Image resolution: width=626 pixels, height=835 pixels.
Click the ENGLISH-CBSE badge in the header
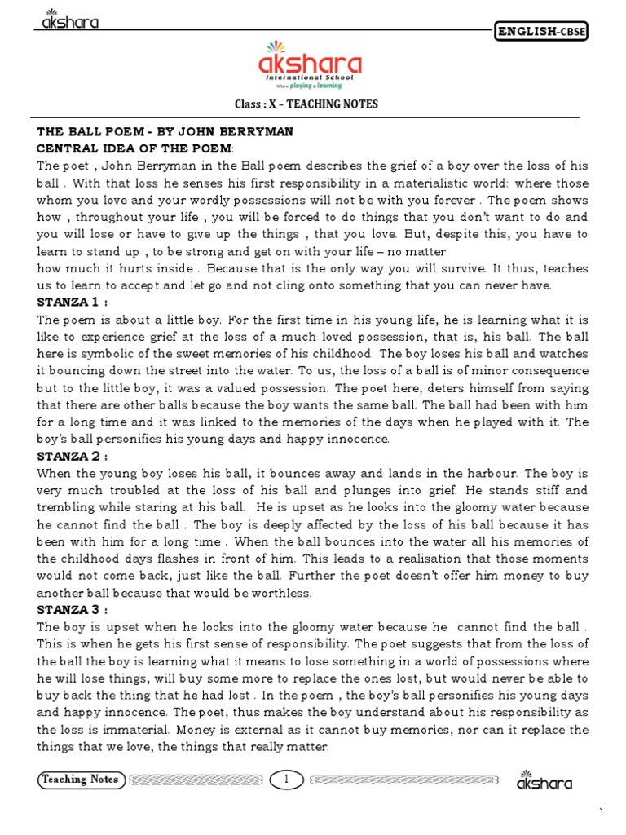(541, 32)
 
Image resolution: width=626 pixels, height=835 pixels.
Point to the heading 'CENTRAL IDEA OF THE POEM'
(134, 148)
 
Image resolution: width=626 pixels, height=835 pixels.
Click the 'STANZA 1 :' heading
(71, 302)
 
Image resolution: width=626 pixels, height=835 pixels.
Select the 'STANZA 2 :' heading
(71, 456)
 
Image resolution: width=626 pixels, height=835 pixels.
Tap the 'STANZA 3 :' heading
(71, 609)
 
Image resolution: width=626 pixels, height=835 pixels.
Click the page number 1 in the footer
(287, 780)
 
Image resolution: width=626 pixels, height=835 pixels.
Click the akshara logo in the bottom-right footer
(544, 781)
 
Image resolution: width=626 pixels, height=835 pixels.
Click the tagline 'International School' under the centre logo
(311, 78)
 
